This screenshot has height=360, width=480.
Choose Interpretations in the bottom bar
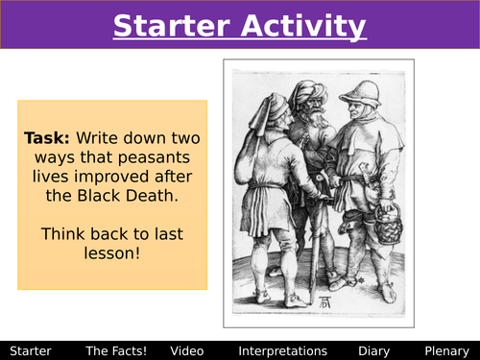(282, 351)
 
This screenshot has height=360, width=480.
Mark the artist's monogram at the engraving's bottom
(333, 303)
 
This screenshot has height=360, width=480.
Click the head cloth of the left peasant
(273, 106)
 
